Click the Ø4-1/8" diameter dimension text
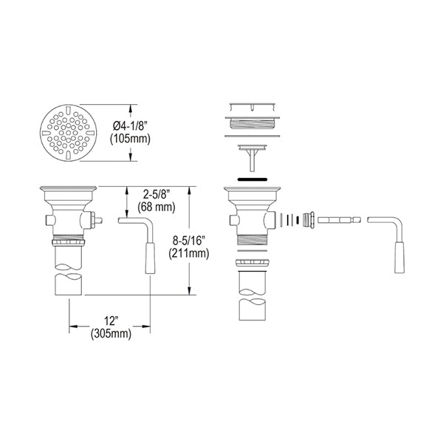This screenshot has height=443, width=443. pyautogui.click(x=130, y=126)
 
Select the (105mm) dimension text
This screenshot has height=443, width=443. pyautogui.click(x=130, y=139)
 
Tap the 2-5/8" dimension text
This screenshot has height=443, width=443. pyautogui.click(x=157, y=194)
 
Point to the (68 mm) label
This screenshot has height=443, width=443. pyautogui.click(x=157, y=207)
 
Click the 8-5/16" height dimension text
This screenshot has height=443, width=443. pyautogui.click(x=189, y=241)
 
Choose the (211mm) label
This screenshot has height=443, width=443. pyautogui.click(x=189, y=253)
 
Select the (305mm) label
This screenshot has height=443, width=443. pyautogui.click(x=111, y=334)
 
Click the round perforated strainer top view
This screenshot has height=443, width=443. pyautogui.click(x=69, y=133)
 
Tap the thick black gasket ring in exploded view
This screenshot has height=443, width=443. pyautogui.click(x=253, y=179)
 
